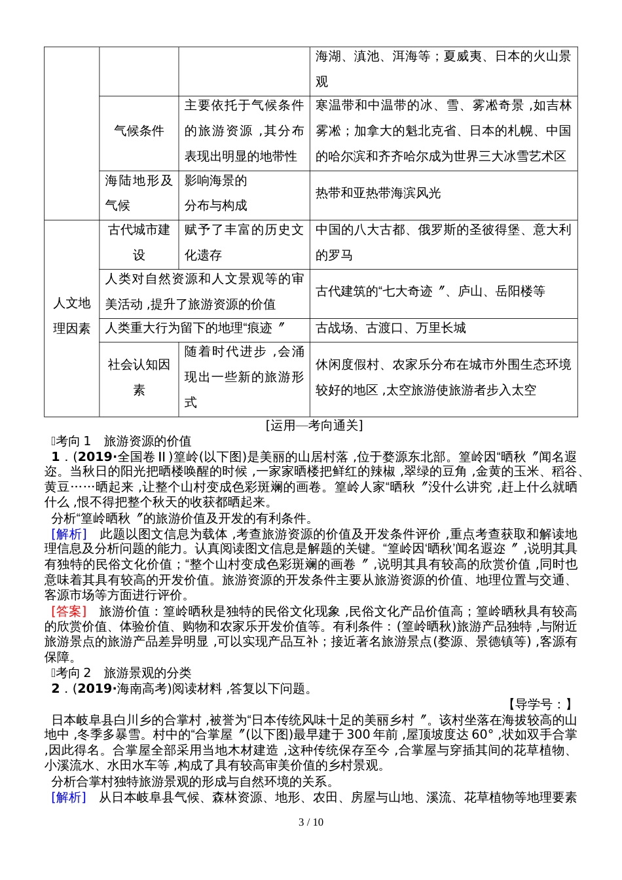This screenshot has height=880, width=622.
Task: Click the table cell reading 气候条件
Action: click(x=139, y=131)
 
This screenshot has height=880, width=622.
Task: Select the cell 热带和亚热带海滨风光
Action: click(x=378, y=193)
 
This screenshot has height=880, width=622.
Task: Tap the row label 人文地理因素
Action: click(x=71, y=316)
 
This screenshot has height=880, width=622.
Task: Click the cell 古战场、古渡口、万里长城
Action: click(x=391, y=329)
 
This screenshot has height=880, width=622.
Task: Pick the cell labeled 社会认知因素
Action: click(x=139, y=377)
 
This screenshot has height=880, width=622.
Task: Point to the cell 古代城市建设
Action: click(x=139, y=242)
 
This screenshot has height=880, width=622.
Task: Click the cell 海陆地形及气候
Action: click(x=139, y=193)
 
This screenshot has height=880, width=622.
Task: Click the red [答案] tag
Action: click(x=69, y=612)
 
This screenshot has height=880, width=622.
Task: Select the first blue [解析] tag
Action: click(x=69, y=534)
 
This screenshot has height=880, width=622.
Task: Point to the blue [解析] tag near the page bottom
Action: click(x=69, y=797)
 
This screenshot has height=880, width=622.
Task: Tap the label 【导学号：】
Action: click(x=540, y=704)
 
